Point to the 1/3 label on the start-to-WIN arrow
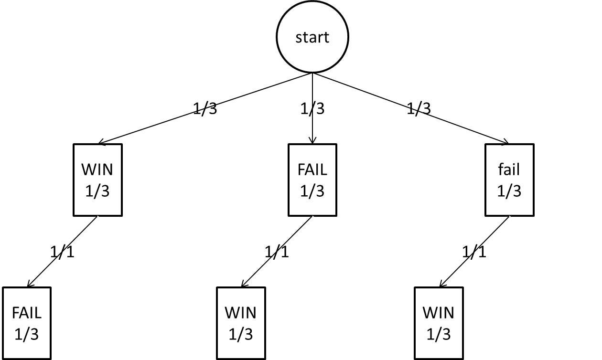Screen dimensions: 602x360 pos(205,108)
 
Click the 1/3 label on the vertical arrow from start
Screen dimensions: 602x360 pos(312,108)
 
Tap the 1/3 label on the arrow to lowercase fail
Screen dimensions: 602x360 pos(419,108)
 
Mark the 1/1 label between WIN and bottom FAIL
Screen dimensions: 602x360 pos(62,252)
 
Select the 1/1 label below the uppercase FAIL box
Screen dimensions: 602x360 pos(277,252)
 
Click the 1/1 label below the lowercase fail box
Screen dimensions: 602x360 pos(474,252)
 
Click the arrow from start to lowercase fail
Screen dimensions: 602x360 pos(411,108)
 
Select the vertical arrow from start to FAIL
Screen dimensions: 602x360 pos(312,108)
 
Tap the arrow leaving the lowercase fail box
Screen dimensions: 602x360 pos(474,252)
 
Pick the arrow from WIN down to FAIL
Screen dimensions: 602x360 pos(62,252)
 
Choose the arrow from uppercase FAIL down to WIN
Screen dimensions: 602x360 pos(277,252)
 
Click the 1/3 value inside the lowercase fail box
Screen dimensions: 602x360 pos(509,191)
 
